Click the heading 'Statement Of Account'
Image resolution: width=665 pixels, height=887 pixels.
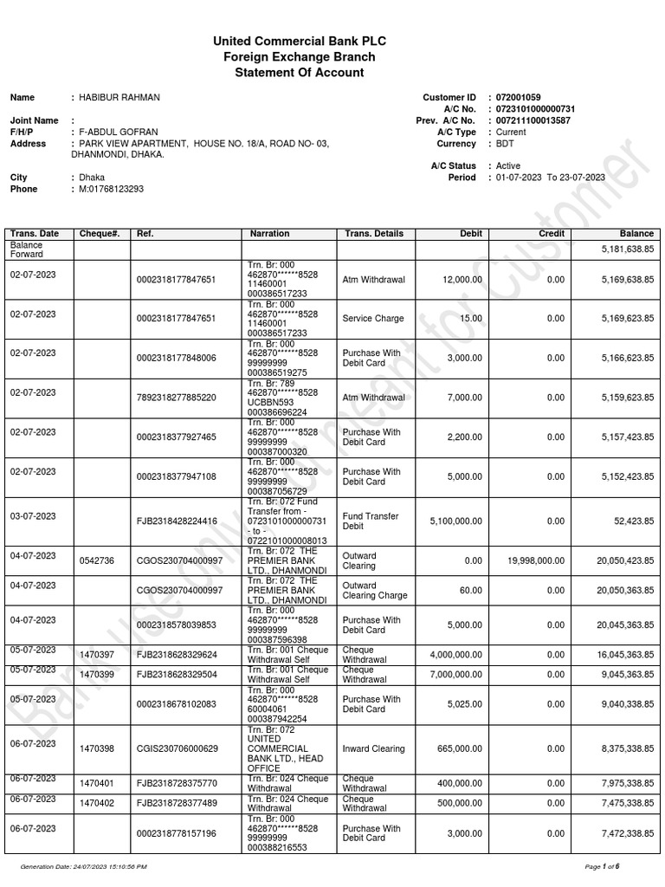pyautogui.click(x=300, y=73)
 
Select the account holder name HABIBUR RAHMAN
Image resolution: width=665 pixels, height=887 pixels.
pyautogui.click(x=119, y=98)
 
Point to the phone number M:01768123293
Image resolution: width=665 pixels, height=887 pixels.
pyautogui.click(x=112, y=189)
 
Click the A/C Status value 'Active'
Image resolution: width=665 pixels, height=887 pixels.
pyautogui.click(x=508, y=165)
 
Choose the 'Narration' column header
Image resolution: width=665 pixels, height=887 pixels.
pyautogui.click(x=269, y=234)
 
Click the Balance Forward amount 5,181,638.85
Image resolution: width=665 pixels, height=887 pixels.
pyautogui.click(x=623, y=249)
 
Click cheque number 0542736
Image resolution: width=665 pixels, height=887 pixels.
pyautogui.click(x=96, y=560)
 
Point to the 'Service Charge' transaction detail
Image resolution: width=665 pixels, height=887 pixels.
pyautogui.click(x=373, y=319)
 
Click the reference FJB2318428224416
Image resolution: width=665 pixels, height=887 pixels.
pyautogui.click(x=177, y=521)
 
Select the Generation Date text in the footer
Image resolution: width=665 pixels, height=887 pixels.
pyautogui.click(x=83, y=866)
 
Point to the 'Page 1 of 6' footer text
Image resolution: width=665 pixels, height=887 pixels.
pyautogui.click(x=603, y=866)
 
